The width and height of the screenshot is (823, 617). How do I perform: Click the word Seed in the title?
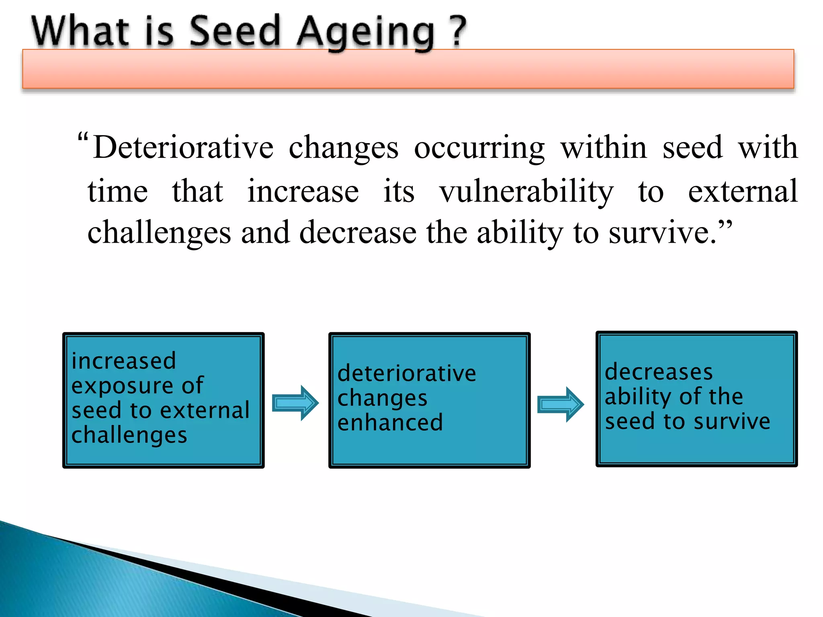234,31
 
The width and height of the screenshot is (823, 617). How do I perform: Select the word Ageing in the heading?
365,33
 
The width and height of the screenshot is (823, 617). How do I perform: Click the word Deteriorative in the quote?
183,148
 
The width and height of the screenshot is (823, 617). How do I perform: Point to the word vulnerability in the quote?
526,192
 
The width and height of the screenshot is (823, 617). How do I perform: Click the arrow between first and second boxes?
295,403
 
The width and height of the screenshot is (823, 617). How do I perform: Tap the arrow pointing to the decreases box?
561,404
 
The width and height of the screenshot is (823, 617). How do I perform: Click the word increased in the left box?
124,360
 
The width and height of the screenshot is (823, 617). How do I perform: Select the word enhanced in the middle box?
390,423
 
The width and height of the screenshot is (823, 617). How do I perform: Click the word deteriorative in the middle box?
407,373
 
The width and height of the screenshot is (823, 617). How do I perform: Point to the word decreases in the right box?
659,372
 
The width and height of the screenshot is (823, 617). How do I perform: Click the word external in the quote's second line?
743,191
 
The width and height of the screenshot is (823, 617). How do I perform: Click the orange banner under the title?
408,69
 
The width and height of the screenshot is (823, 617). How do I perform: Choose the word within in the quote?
604,148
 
